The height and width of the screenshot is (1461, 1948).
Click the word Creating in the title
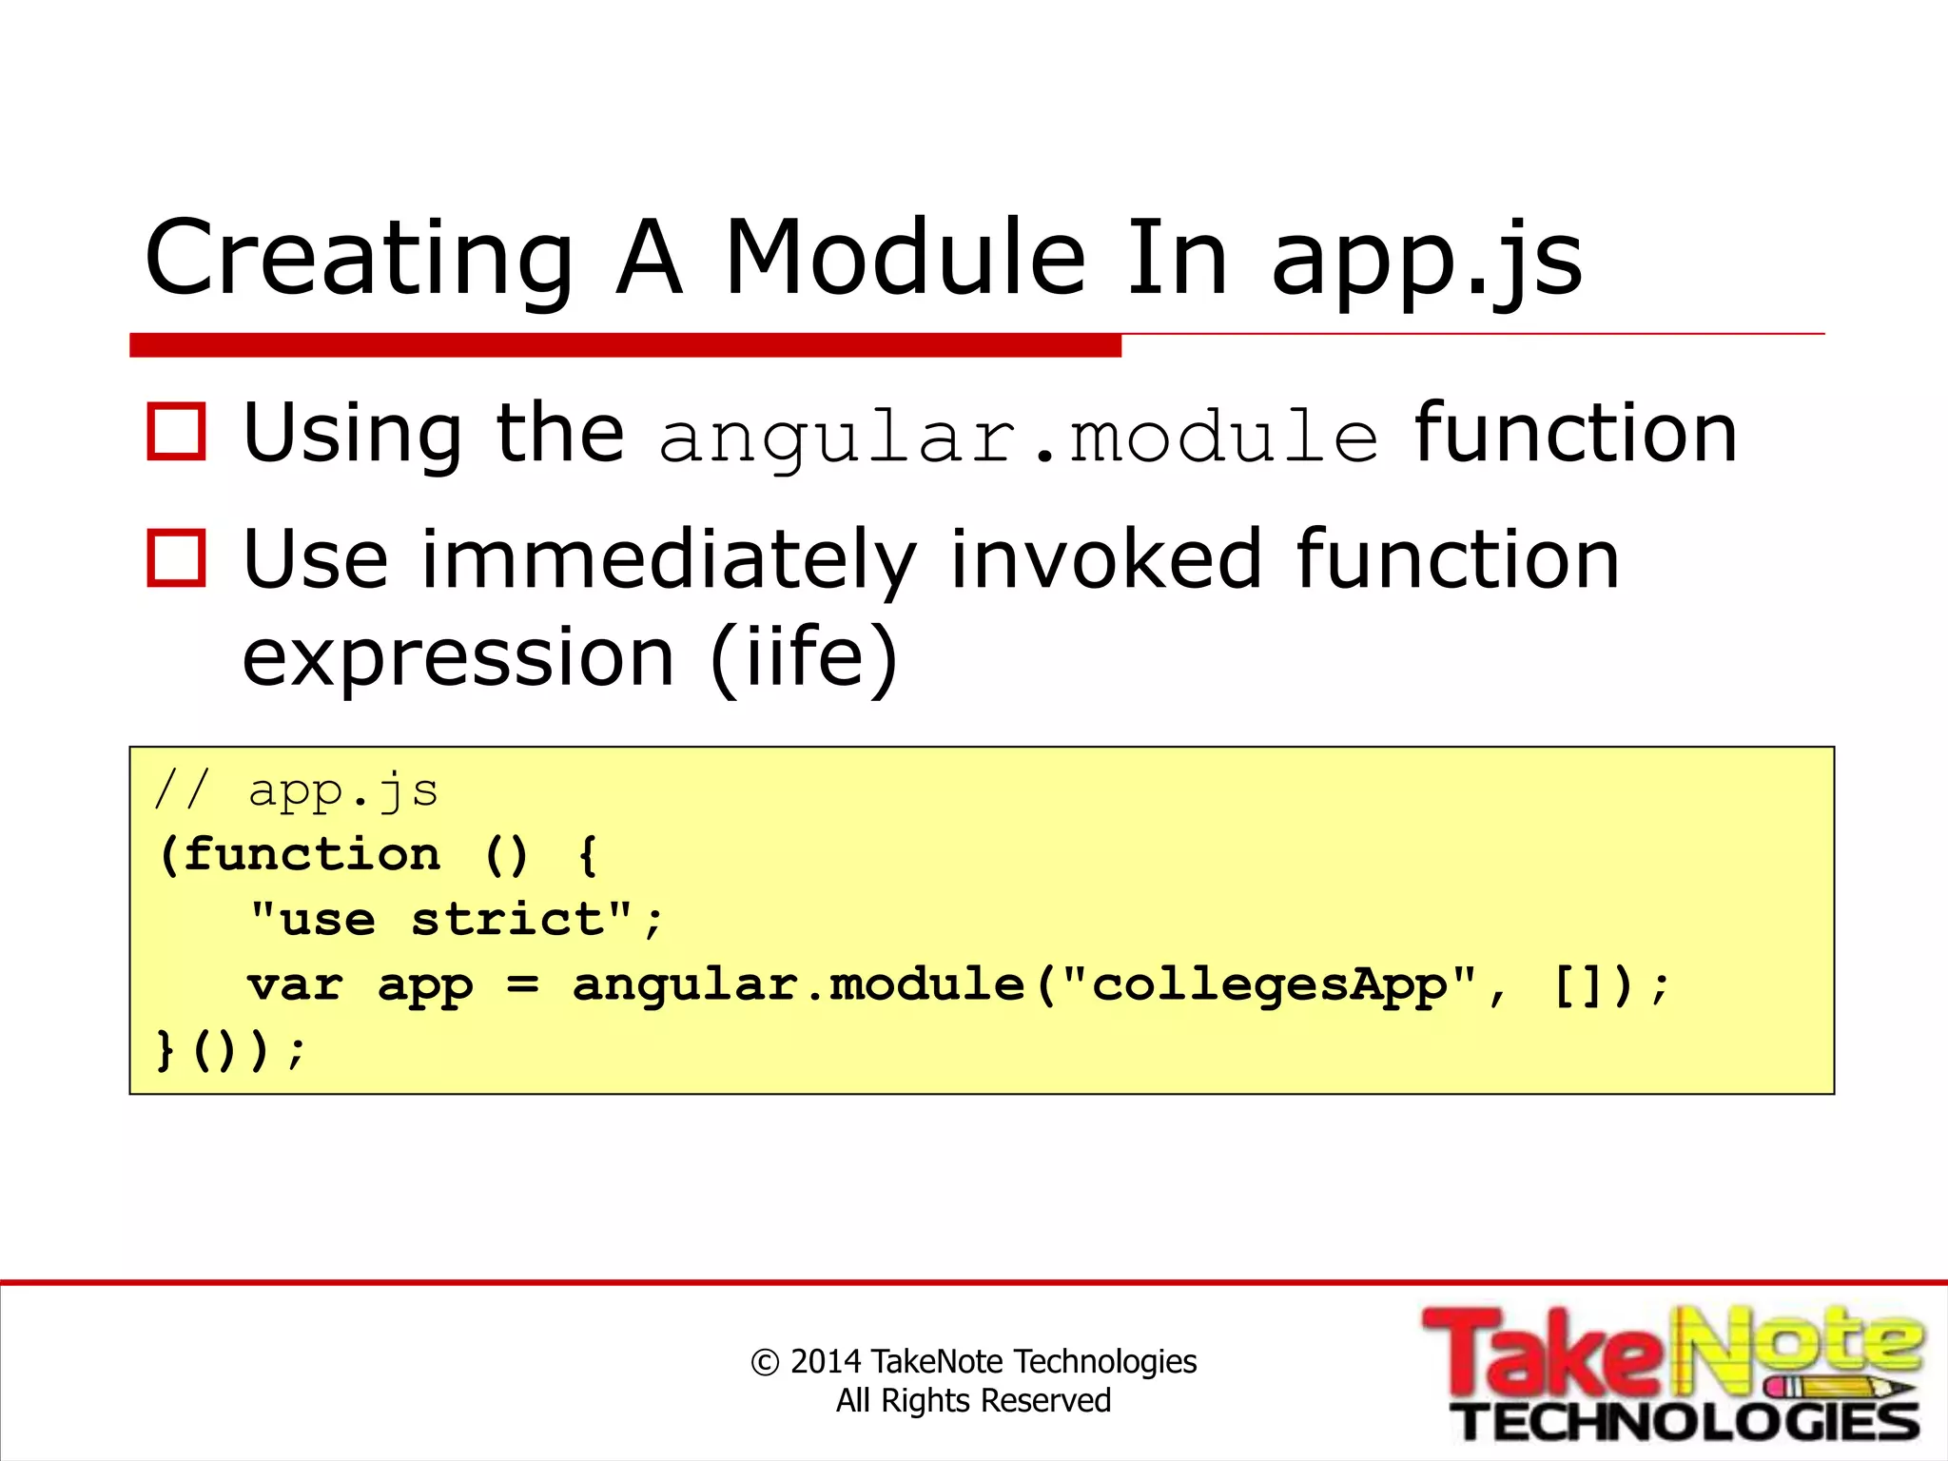click(x=359, y=259)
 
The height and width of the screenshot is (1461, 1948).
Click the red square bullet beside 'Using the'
click(x=177, y=433)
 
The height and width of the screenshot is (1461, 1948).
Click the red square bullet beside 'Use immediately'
click(x=177, y=558)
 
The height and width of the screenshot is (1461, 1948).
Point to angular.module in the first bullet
click(x=1018, y=438)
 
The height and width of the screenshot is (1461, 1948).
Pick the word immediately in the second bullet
click(x=669, y=561)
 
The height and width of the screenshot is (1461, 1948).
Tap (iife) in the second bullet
click(x=804, y=658)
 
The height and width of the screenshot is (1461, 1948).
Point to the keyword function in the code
click(x=312, y=854)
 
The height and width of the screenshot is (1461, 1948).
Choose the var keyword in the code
click(x=295, y=984)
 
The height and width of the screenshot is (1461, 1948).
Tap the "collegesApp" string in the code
click(x=1270, y=984)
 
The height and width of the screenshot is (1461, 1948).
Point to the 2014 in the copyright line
click(x=825, y=1361)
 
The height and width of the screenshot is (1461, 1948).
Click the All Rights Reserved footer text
click(x=973, y=1401)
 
